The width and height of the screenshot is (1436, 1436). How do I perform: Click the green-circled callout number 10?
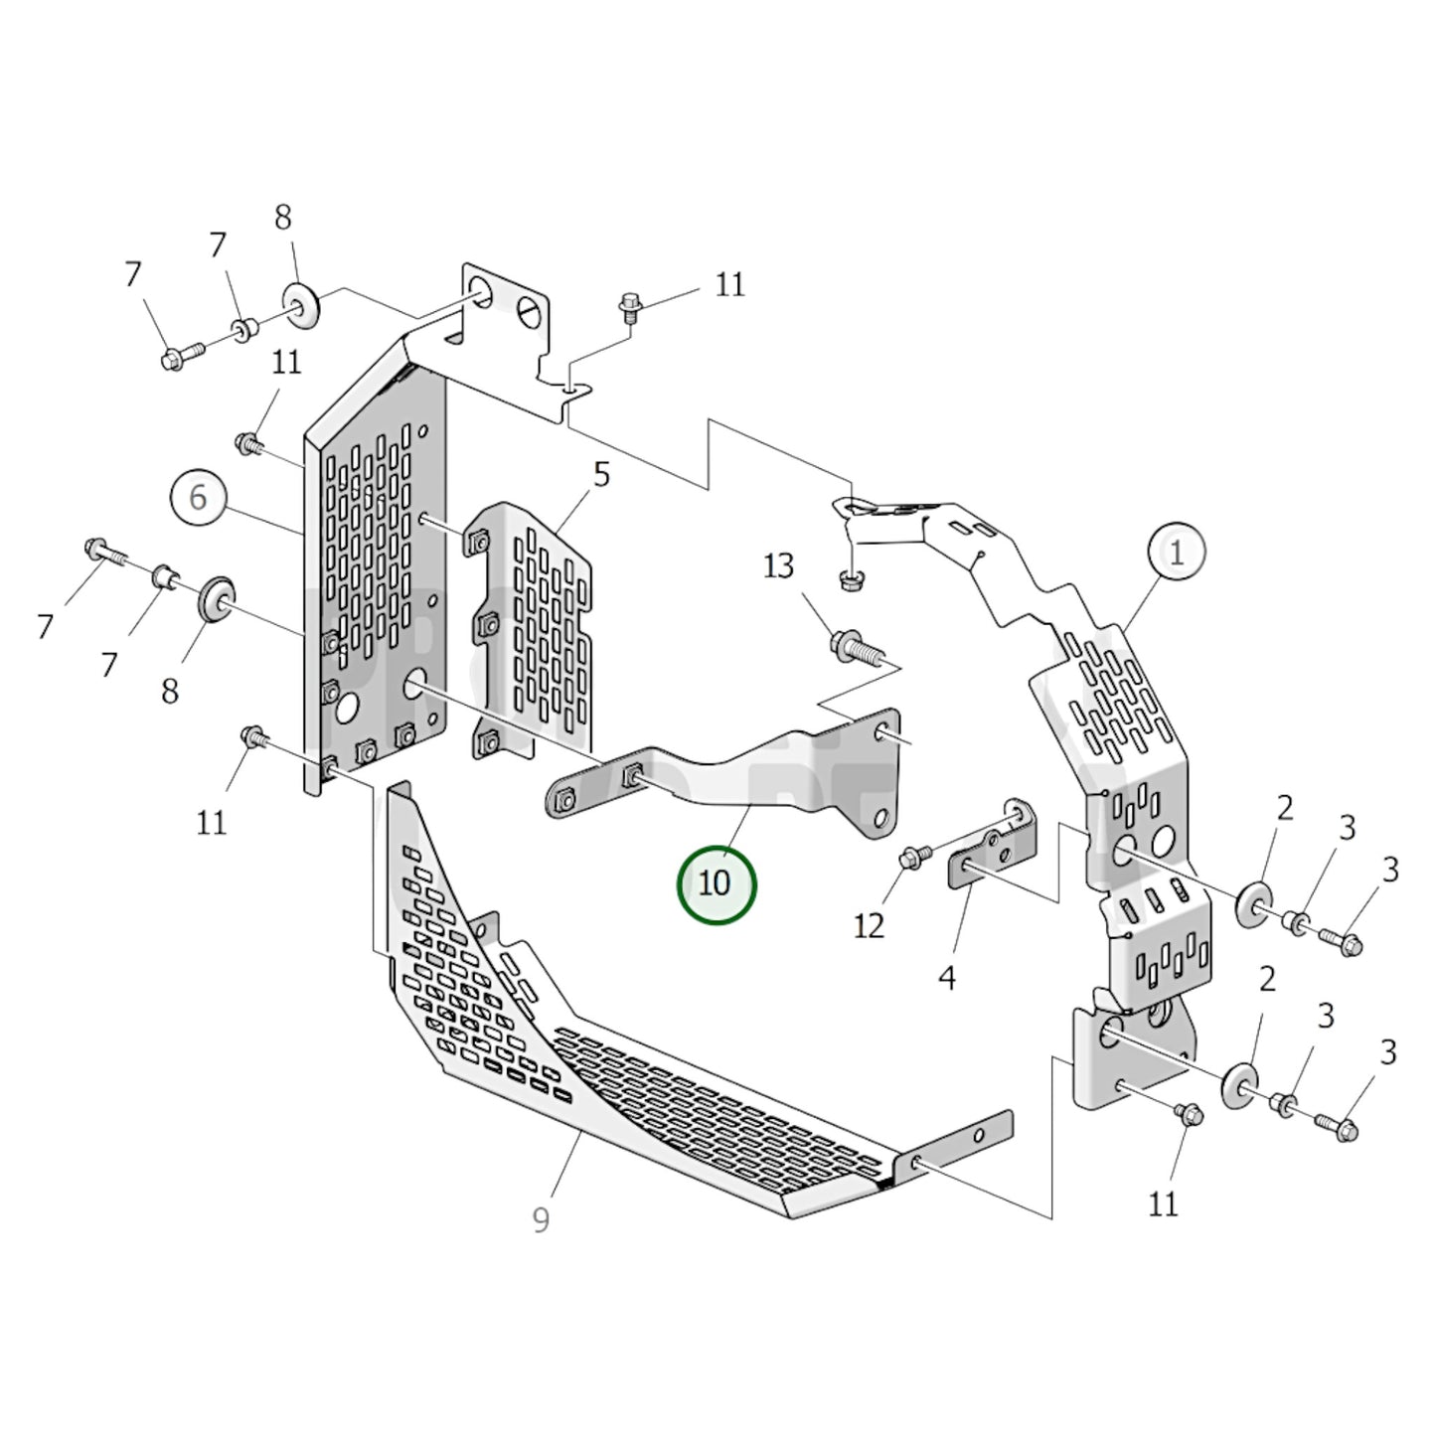[716, 883]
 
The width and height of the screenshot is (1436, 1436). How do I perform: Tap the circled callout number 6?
[198, 497]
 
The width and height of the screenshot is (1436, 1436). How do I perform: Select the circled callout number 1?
[1177, 553]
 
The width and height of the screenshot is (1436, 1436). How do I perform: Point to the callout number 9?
[541, 1220]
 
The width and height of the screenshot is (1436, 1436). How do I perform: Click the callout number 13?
[779, 567]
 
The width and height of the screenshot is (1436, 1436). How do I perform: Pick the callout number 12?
[869, 926]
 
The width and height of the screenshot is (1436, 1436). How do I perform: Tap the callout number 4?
[946, 978]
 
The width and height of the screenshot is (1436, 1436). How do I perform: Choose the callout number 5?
[601, 475]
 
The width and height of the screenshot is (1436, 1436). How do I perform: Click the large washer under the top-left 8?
[301, 302]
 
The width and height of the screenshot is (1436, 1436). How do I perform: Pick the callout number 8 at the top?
[283, 218]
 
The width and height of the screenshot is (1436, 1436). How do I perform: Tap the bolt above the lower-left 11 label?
[253, 739]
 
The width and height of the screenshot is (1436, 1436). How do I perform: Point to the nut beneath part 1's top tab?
[848, 579]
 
